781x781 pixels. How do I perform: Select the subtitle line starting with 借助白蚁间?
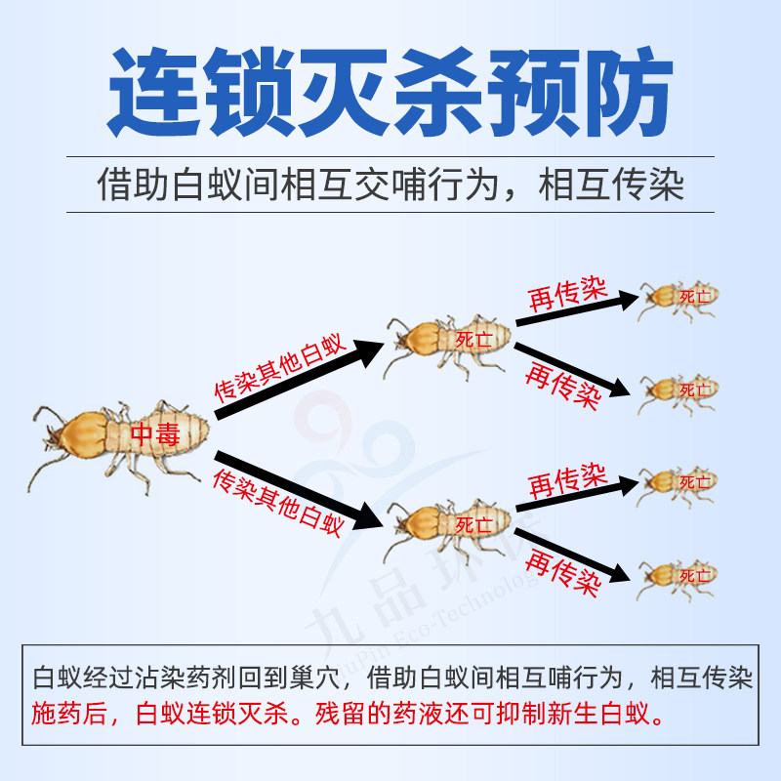(x=390, y=185)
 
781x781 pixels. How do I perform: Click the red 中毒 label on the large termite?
(x=155, y=435)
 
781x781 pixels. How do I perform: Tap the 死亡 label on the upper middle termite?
(x=473, y=339)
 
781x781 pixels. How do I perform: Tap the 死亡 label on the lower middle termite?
(x=473, y=523)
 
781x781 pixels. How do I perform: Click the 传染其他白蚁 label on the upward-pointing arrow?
(x=279, y=367)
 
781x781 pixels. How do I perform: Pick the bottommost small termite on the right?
(x=679, y=575)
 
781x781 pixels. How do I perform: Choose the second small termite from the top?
(x=679, y=389)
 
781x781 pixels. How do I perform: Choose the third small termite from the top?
(x=679, y=481)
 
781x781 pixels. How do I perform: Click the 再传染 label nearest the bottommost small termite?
(x=561, y=572)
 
